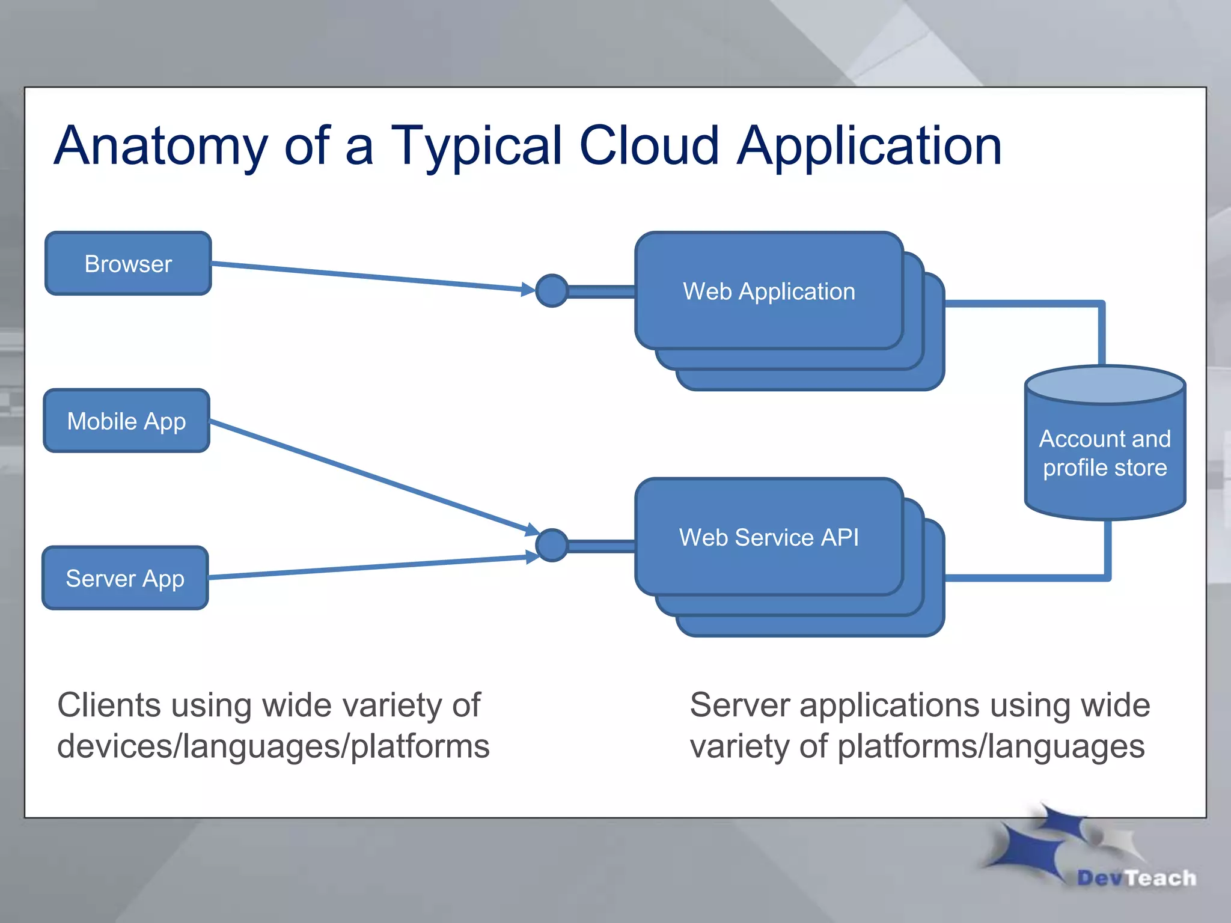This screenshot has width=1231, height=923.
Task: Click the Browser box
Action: [128, 264]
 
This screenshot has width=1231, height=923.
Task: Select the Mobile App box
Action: [126, 421]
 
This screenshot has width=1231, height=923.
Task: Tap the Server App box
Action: [125, 578]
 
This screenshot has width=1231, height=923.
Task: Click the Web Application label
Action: [769, 291]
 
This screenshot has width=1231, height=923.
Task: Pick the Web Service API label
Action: [769, 537]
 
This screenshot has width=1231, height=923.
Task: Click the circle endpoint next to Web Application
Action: [551, 291]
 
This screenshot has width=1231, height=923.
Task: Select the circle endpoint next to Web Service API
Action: [551, 545]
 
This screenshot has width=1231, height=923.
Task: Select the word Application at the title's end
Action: [869, 146]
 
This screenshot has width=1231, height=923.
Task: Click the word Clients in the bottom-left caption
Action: [108, 705]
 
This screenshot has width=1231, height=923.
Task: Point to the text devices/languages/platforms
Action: [273, 746]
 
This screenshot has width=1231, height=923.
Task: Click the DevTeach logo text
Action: [1136, 878]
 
